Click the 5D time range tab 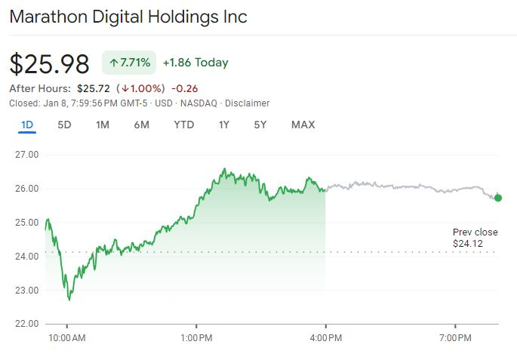point(64,125)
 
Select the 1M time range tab point(103,125)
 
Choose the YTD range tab point(183,125)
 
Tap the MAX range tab point(303,125)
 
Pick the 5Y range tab point(260,125)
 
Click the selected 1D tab point(27,125)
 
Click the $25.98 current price point(49,63)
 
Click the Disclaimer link point(248,103)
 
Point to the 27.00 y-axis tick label point(27,155)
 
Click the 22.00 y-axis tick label point(27,324)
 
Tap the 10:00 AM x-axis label point(66,337)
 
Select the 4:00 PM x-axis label point(325,337)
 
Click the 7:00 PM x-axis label point(456,337)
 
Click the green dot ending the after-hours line point(497,198)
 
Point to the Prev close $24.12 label point(475,238)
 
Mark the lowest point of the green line point(69,300)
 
